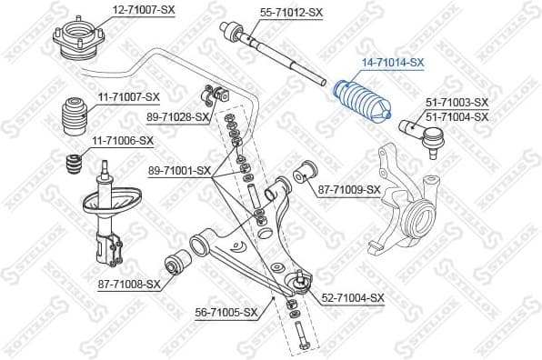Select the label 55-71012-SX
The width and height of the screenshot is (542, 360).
coord(291,12)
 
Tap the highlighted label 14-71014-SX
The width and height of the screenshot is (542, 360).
coord(394,62)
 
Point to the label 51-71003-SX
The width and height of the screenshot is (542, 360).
coord(457,104)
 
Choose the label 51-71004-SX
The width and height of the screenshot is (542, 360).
coord(457,116)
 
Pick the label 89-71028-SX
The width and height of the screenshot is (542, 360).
coord(177,117)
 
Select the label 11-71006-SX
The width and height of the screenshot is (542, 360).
coord(122,141)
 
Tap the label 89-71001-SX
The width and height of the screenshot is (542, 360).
coord(178,170)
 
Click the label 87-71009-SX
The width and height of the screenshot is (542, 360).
coord(349,189)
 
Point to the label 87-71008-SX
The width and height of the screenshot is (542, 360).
coord(128,284)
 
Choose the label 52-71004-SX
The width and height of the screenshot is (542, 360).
coord(353,297)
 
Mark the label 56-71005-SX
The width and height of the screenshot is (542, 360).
coord(228,312)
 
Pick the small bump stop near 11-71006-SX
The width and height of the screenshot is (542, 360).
coord(73,167)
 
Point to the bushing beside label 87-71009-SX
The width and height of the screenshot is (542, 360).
coord(306,170)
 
